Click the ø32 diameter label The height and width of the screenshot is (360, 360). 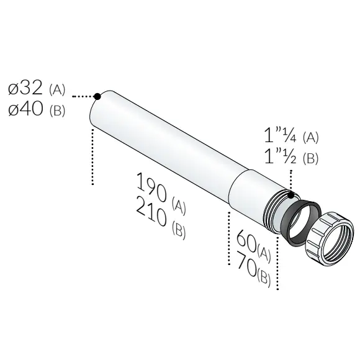pos(25,89)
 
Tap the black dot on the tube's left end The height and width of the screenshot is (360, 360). pos(97,96)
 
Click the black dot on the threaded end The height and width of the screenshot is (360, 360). pos(290,196)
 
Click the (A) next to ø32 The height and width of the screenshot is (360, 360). pos(56,91)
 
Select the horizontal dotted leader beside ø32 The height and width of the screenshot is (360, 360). pos(83,97)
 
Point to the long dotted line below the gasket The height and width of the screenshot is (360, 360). pos(277,261)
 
